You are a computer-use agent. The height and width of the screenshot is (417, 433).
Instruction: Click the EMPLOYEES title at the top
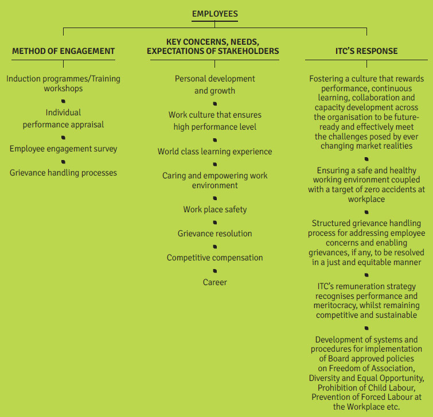click(215, 14)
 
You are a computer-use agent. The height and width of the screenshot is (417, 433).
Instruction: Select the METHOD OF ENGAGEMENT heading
click(63, 51)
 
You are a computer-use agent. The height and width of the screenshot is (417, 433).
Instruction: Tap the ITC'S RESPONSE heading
click(366, 51)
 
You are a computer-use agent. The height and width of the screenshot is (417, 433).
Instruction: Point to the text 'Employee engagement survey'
click(63, 149)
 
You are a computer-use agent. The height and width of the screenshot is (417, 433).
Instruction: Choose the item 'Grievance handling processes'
click(63, 173)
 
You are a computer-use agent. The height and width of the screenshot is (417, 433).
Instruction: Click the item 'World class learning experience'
click(215, 151)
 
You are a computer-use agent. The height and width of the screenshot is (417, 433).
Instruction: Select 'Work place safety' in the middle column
click(215, 209)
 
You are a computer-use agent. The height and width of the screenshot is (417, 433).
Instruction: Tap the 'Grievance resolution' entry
click(215, 233)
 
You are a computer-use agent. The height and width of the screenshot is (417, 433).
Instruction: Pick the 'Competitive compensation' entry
click(215, 258)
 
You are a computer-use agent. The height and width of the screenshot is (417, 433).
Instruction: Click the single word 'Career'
click(215, 282)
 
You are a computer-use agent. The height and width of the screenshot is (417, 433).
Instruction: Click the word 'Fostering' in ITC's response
click(326, 79)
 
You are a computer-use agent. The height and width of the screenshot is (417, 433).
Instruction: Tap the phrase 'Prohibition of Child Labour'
click(366, 388)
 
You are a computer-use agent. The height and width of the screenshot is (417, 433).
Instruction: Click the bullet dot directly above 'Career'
click(215, 271)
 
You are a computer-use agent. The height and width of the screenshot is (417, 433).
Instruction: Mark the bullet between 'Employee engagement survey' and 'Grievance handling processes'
click(63, 162)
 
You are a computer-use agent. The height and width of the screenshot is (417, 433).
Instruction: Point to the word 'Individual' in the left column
click(63, 112)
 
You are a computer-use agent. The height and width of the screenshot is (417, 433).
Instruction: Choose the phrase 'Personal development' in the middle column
click(215, 79)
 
